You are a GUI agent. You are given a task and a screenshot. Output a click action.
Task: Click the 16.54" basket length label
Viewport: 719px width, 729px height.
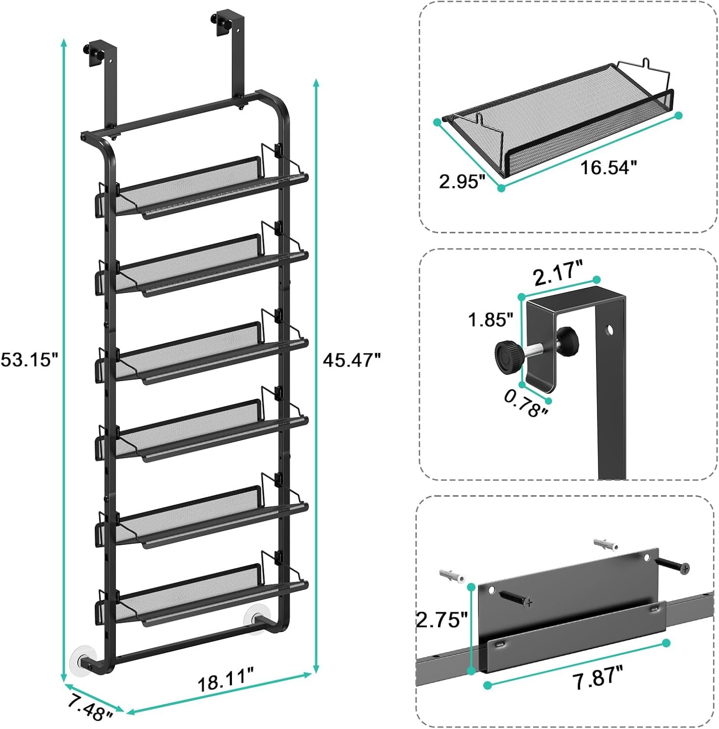(608, 168)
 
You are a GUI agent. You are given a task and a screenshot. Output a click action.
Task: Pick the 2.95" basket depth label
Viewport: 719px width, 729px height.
(462, 182)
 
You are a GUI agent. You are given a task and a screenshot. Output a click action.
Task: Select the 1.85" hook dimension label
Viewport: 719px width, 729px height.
(491, 320)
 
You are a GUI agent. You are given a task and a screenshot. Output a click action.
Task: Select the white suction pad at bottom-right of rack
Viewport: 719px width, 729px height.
(257, 619)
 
